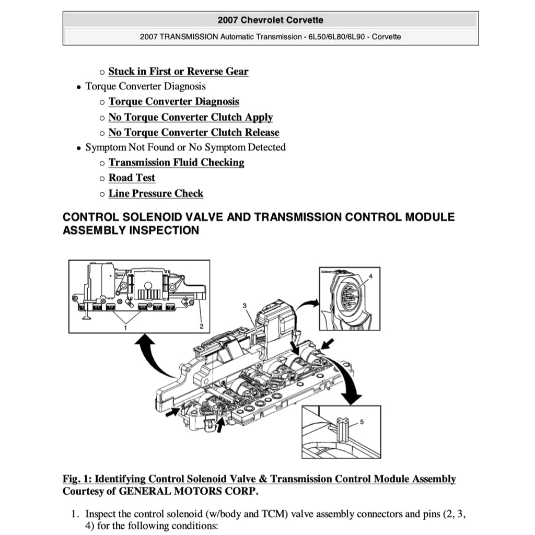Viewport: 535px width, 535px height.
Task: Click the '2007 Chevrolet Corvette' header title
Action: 270,20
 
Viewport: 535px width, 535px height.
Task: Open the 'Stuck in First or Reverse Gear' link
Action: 178,72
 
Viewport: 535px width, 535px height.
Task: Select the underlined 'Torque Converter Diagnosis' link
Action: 173,102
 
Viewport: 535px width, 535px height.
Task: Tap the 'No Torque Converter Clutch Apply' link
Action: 190,118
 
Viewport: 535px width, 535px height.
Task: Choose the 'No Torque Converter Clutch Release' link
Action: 193,133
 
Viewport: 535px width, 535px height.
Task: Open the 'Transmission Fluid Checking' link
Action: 176,163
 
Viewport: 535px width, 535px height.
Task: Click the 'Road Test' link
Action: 132,178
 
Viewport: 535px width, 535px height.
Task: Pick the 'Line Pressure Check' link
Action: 156,194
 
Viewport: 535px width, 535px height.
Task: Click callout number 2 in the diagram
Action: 202,326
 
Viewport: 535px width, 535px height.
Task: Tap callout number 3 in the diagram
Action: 243,305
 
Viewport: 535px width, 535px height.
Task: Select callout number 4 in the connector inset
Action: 370,275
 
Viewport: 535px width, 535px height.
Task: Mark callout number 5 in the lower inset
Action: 362,421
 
